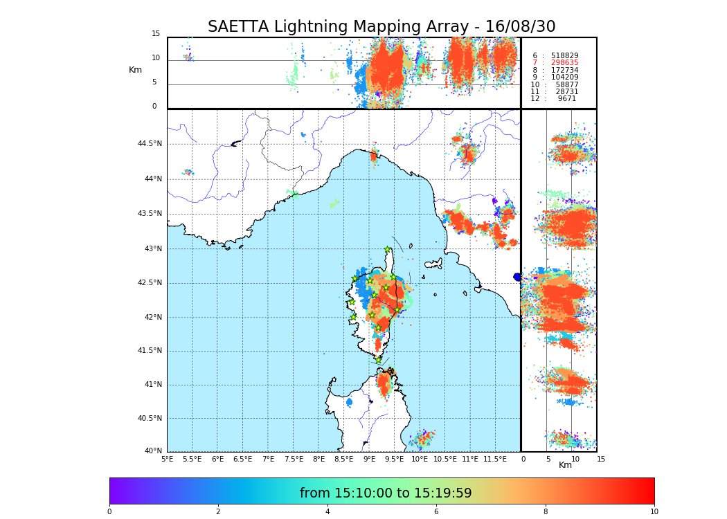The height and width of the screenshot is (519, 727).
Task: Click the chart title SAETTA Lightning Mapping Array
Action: [382, 27]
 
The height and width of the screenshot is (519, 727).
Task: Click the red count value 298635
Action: [564, 62]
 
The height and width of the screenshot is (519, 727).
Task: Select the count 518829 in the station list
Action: [564, 55]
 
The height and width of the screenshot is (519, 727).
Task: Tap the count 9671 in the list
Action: [566, 99]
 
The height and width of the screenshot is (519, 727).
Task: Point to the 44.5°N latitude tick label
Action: [149, 144]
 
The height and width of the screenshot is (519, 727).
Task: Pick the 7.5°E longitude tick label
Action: [294, 459]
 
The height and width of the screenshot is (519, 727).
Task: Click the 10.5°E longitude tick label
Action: [445, 459]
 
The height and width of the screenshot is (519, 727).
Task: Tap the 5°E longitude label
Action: [168, 459]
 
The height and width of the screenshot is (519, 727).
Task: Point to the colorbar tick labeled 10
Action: [654, 512]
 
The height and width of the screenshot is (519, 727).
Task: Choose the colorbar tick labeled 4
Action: [327, 512]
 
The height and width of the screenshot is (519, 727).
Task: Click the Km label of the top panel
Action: [135, 70]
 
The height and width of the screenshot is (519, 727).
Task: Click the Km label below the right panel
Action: [565, 465]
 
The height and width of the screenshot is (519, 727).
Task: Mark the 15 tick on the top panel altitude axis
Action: [156, 34]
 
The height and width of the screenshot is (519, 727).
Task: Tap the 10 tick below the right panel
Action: [575, 459]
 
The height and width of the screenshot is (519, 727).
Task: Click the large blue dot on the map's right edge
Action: [517, 277]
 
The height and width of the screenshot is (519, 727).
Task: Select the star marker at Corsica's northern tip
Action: [388, 250]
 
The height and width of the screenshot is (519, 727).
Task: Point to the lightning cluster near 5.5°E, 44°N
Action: [188, 172]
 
